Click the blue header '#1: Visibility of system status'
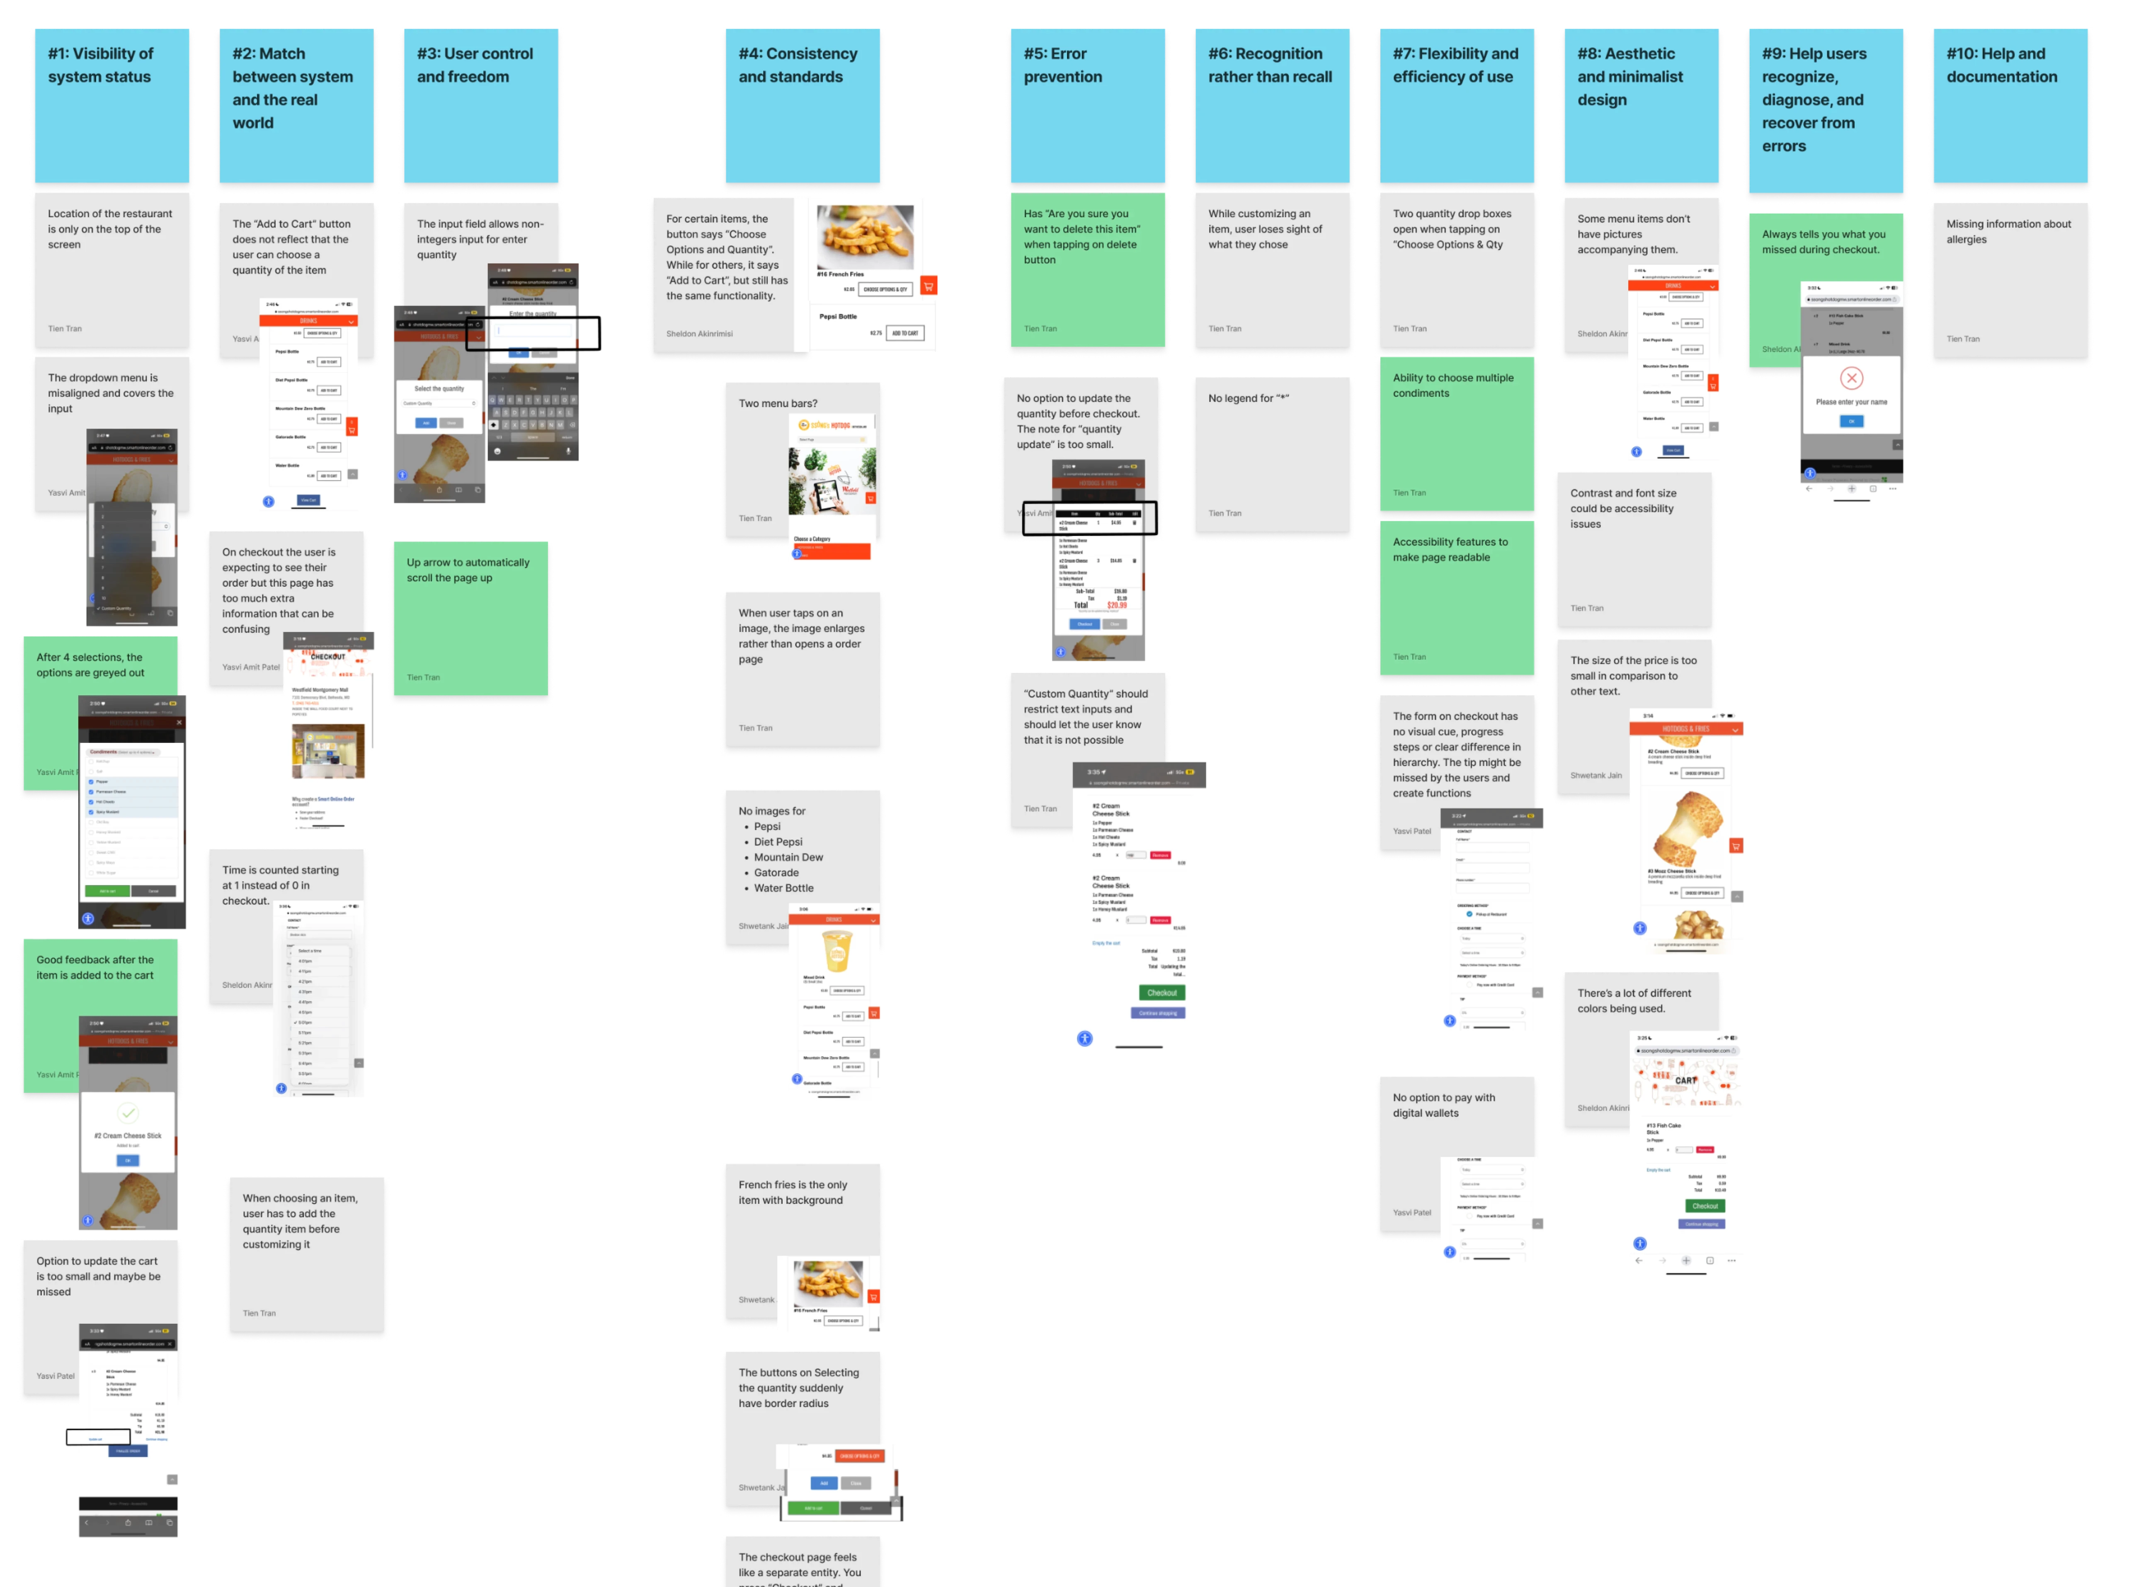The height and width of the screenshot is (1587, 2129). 110,106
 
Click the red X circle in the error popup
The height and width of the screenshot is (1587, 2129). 1851,378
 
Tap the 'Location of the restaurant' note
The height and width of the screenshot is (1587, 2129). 110,269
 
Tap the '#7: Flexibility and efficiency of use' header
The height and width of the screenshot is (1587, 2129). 1455,106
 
